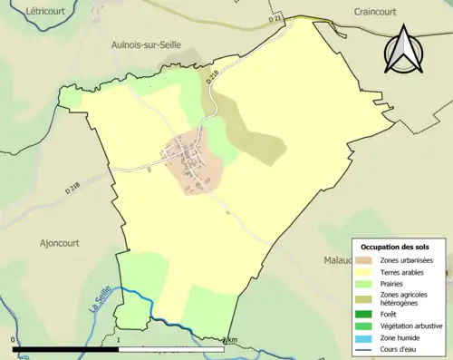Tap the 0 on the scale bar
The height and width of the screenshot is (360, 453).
[x=14, y=340]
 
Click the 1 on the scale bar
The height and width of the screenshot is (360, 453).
[x=120, y=340]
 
